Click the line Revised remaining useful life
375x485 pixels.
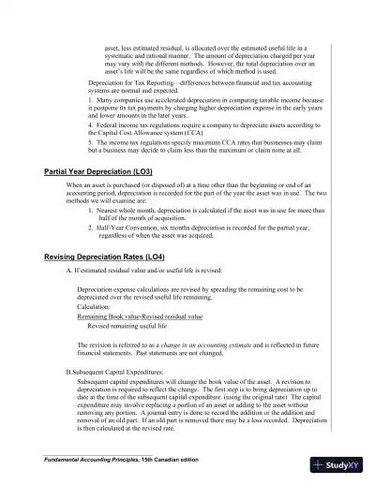pyautogui.click(x=127, y=326)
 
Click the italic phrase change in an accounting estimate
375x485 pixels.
pyautogui.click(x=232, y=345)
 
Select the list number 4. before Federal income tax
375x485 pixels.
pyautogui.click(x=90, y=122)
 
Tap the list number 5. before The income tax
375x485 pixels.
pyautogui.click(x=90, y=140)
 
